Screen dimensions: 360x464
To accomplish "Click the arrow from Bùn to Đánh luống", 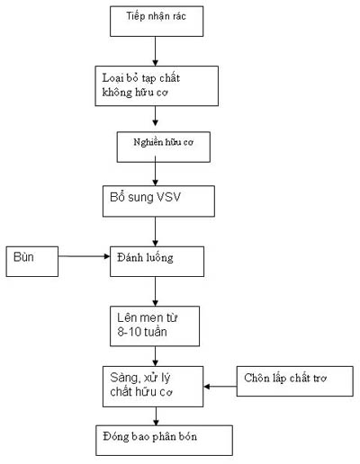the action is (x=84, y=256).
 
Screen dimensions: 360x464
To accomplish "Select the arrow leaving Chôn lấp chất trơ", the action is (x=220, y=387).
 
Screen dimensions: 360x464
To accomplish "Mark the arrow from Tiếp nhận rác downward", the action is (x=155, y=51).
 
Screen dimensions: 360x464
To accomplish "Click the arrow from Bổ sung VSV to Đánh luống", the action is (x=155, y=231).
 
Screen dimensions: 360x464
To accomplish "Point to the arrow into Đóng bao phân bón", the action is (x=156, y=416).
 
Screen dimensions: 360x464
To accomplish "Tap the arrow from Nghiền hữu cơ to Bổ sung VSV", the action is (x=155, y=171).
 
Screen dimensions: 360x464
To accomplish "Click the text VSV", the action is (x=168, y=197).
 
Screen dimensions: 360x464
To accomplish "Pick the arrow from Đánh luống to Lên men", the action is (x=155, y=291).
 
